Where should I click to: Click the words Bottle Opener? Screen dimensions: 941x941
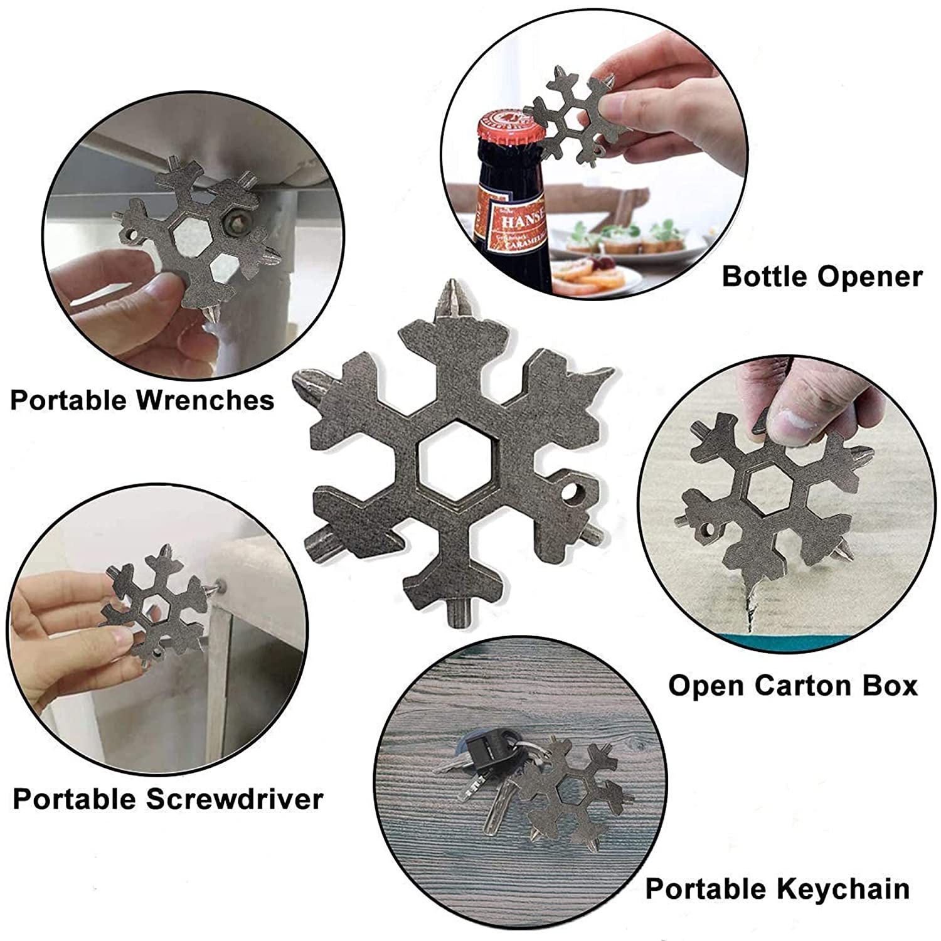coord(822,277)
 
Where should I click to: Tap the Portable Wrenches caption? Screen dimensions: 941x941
coord(142,400)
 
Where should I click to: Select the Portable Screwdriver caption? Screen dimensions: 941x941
coord(167,799)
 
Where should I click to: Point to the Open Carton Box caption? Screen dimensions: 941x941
coord(792,685)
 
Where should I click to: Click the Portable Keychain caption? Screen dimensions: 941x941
coord(777,889)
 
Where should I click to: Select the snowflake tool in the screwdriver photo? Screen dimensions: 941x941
coord(157,605)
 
